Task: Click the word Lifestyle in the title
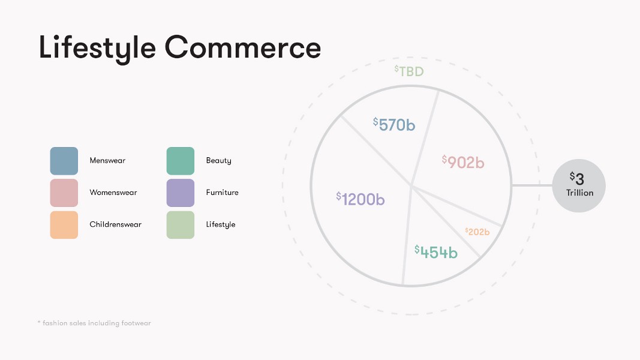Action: pyautogui.click(x=97, y=48)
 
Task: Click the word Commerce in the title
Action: pyautogui.click(x=243, y=47)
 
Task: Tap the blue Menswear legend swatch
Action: pyautogui.click(x=64, y=161)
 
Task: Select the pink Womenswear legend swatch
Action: pyautogui.click(x=64, y=193)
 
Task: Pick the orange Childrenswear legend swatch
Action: pyautogui.click(x=64, y=225)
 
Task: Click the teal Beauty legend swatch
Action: pyautogui.click(x=181, y=161)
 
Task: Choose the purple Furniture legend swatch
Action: pyautogui.click(x=181, y=193)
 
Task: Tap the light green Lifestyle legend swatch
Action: pyautogui.click(x=181, y=225)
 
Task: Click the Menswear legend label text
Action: pyautogui.click(x=107, y=160)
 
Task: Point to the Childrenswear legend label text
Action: pyautogui.click(x=116, y=224)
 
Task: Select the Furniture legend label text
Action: pyautogui.click(x=222, y=192)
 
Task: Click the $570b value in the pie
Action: pyautogui.click(x=394, y=124)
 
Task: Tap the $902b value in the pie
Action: pyautogui.click(x=463, y=162)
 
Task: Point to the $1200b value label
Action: pyautogui.click(x=360, y=199)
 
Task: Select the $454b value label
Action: pyautogui.click(x=436, y=252)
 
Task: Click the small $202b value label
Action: pyautogui.click(x=477, y=232)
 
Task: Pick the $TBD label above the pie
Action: pyautogui.click(x=409, y=71)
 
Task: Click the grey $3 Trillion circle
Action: pyautogui.click(x=579, y=186)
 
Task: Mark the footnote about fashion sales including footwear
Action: pyautogui.click(x=94, y=323)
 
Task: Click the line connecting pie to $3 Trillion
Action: pyautogui.click(x=532, y=186)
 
